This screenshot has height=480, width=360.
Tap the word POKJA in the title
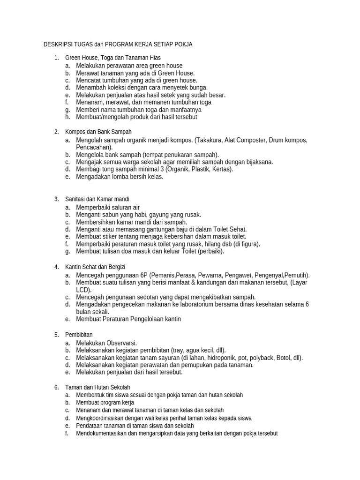tap(182, 45)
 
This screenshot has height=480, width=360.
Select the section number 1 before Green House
tap(56, 58)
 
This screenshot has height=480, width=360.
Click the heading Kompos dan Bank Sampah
tap(98, 132)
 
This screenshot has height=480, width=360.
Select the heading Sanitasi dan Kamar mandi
tap(97, 199)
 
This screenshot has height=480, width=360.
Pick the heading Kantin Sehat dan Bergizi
tap(98, 267)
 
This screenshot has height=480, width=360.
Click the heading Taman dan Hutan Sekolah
tap(97, 387)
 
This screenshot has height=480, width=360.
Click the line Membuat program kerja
tap(105, 403)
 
